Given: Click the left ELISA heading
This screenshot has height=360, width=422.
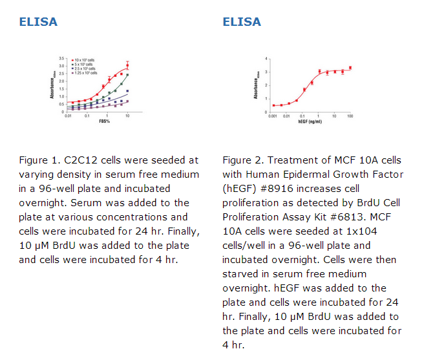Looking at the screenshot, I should point(38,22).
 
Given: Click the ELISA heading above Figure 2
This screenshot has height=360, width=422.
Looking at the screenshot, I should point(242,22).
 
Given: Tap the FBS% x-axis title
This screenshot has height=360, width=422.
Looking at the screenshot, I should point(103,122).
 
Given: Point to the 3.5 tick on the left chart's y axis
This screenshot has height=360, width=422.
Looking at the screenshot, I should point(61,59).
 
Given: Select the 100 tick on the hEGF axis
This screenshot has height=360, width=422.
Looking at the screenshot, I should point(350,116).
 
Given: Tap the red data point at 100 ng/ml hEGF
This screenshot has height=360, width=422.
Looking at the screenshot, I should point(350,68).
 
